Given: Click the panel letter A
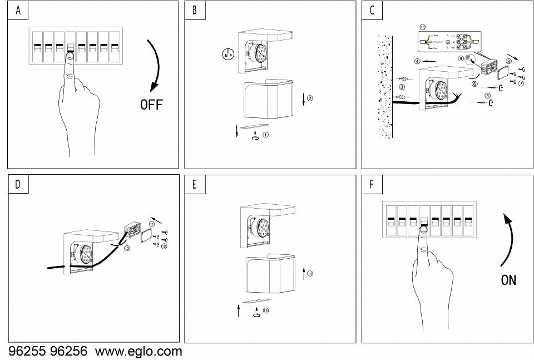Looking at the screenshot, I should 18,11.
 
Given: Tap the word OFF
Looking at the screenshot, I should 151,105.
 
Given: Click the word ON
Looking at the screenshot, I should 508,279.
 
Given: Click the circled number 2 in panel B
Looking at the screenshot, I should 310,98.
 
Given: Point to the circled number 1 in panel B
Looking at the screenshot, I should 266,134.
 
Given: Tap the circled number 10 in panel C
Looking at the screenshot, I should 423,26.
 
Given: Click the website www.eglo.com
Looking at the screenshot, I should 139,352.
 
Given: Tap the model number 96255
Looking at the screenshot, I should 27,352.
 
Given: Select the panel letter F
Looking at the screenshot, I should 371,184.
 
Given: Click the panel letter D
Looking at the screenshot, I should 18,184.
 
